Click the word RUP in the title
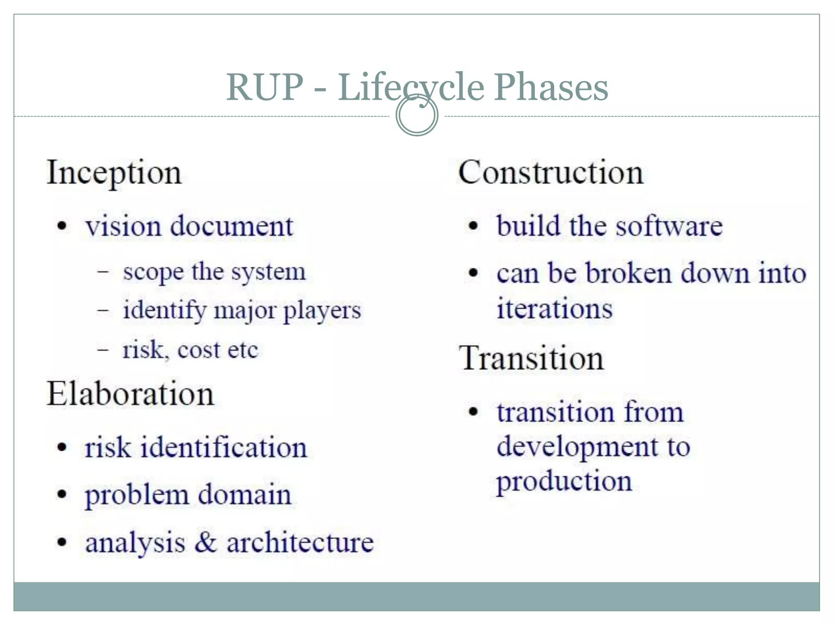[265, 87]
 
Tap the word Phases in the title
[551, 87]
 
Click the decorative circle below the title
[417, 115]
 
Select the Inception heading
[114, 173]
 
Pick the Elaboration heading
[130, 394]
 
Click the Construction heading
[551, 173]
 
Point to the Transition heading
[531, 358]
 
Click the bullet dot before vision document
[61, 226]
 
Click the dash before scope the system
[103, 271]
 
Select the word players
[322, 311]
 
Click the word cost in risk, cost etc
[198, 350]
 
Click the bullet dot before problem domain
[61, 494]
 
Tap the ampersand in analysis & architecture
[206, 542]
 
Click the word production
[564, 482]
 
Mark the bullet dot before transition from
[473, 411]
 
